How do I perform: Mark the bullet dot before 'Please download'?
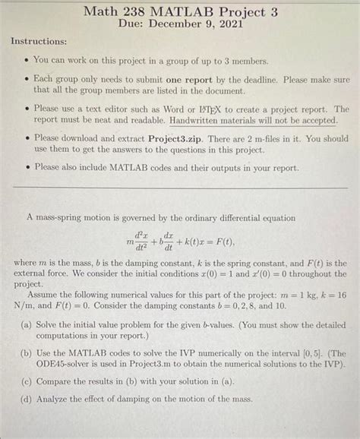[25, 139]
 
